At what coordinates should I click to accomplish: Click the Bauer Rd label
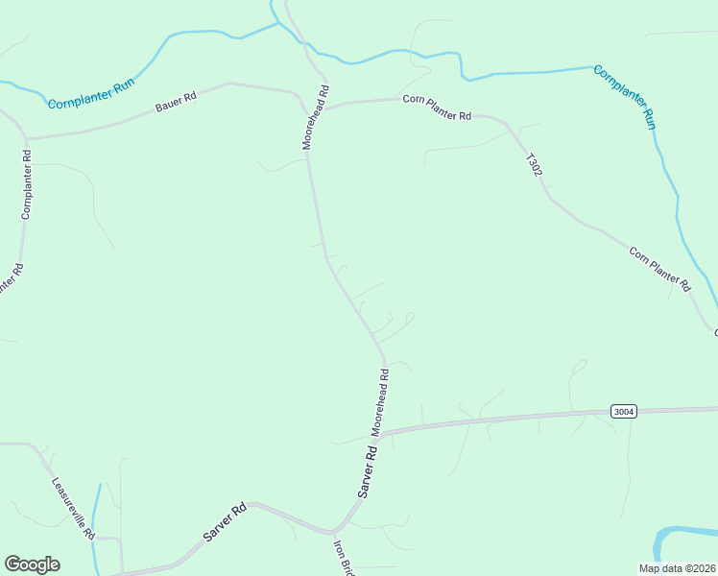(x=176, y=103)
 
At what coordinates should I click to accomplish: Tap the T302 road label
(x=534, y=164)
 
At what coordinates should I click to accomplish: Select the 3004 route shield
(x=623, y=411)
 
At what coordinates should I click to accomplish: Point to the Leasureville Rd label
(x=73, y=507)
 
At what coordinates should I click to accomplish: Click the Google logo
(x=32, y=564)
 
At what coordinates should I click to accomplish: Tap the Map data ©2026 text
(x=676, y=568)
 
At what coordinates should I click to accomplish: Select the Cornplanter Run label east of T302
(x=625, y=97)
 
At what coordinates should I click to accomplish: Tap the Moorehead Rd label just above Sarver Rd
(x=379, y=401)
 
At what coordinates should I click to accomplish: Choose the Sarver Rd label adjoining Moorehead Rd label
(x=368, y=470)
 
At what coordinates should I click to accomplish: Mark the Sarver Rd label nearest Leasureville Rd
(x=226, y=522)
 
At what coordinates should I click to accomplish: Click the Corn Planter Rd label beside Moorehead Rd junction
(x=437, y=107)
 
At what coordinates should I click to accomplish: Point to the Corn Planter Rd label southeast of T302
(x=659, y=270)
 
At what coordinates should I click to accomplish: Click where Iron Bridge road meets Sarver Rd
(x=332, y=531)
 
